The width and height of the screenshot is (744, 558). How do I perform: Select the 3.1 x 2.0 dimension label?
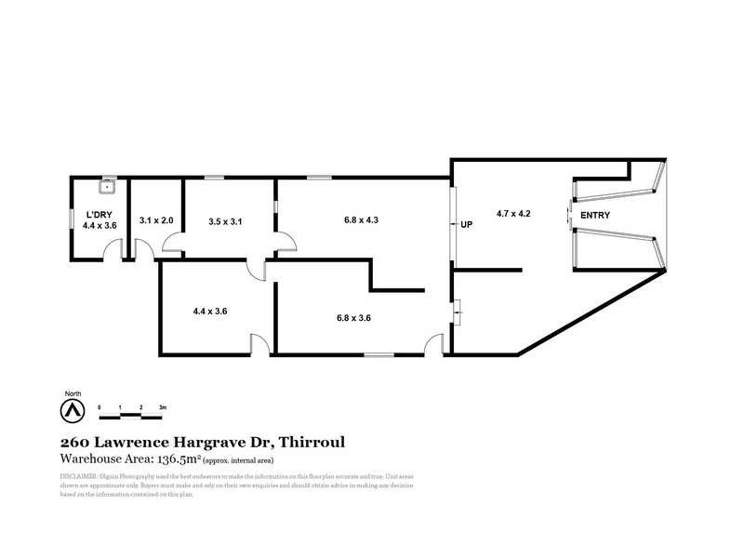[156, 220]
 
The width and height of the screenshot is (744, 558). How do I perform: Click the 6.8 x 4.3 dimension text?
[362, 220]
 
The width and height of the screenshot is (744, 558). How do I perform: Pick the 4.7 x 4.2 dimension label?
[513, 214]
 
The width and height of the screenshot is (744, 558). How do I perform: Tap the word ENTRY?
[596, 216]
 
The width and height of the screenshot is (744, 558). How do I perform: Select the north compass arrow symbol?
[71, 410]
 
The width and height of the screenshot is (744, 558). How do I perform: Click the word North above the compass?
[71, 392]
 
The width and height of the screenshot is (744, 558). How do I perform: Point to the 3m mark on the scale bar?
[162, 407]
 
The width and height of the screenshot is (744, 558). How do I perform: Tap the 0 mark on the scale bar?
[100, 407]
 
